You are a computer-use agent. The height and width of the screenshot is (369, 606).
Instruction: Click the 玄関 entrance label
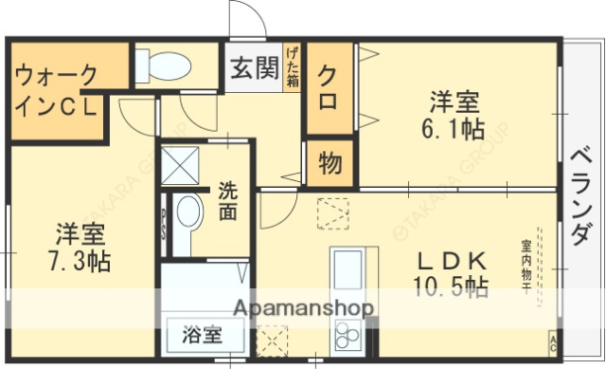tap(253, 70)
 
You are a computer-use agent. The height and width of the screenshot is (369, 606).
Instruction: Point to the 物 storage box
tap(329, 163)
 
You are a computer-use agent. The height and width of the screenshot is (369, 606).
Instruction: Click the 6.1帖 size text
tap(455, 130)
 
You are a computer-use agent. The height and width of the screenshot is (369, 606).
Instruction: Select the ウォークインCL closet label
tap(59, 90)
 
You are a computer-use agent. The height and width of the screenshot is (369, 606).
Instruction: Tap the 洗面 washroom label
tap(228, 200)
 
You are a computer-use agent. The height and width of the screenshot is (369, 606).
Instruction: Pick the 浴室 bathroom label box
tap(202, 334)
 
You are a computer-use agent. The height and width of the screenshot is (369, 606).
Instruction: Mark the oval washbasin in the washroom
tap(189, 217)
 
